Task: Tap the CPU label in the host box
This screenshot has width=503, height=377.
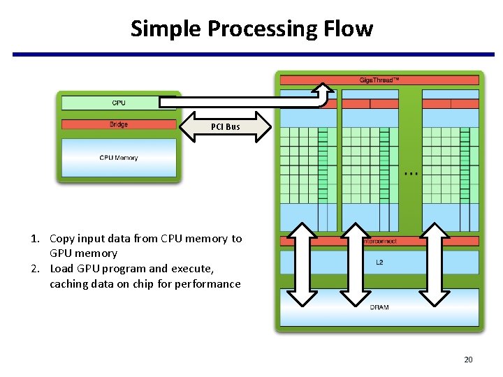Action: pos(119,103)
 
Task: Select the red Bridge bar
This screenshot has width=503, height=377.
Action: pos(119,124)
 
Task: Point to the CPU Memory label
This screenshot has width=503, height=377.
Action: pos(119,158)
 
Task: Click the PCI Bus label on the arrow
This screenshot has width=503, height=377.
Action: pos(225,127)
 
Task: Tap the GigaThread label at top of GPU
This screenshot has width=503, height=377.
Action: pos(379,80)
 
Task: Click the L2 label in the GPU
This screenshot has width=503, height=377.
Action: pos(379,263)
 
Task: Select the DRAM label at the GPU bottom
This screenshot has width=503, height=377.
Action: pos(379,307)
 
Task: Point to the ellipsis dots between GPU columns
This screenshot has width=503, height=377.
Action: pos(411,172)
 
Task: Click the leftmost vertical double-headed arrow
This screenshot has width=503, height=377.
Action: pos(302,265)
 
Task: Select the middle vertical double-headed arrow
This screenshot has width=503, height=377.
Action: pos(355,265)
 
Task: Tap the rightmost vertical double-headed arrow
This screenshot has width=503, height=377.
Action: pos(435,265)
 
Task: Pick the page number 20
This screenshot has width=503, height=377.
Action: pos(468,360)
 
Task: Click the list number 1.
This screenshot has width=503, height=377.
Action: pos(34,239)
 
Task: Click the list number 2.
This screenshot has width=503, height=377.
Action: pos(34,269)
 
